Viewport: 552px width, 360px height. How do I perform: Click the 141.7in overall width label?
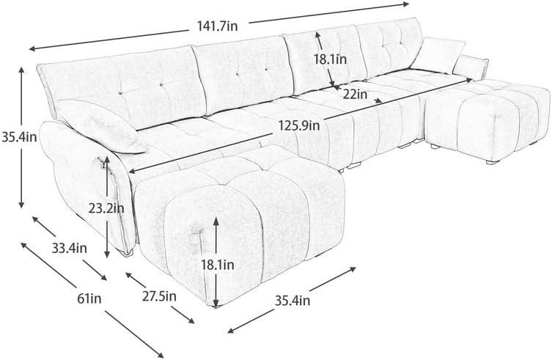click(217, 26)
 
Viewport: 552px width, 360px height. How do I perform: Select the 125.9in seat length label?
click(299, 125)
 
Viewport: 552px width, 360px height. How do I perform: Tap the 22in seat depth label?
click(355, 94)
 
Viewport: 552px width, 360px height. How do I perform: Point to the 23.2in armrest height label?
click(106, 208)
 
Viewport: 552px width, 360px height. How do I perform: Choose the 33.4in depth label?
click(70, 248)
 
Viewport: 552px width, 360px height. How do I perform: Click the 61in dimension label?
click(89, 298)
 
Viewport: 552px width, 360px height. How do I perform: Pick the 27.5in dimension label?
click(159, 296)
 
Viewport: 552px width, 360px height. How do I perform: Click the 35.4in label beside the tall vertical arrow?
click(19, 136)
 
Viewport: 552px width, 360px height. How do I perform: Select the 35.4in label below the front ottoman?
click(292, 301)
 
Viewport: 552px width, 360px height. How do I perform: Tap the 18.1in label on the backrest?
click(330, 59)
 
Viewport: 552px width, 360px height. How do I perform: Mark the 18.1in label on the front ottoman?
click(217, 265)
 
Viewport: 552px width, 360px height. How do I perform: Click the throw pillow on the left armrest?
click(101, 126)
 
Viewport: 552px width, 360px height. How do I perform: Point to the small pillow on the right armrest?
click(471, 67)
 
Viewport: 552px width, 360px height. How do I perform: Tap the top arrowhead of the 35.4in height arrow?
click(21, 70)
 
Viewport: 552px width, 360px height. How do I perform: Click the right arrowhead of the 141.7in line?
click(405, 4)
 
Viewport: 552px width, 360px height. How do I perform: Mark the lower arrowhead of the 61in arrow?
click(161, 354)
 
